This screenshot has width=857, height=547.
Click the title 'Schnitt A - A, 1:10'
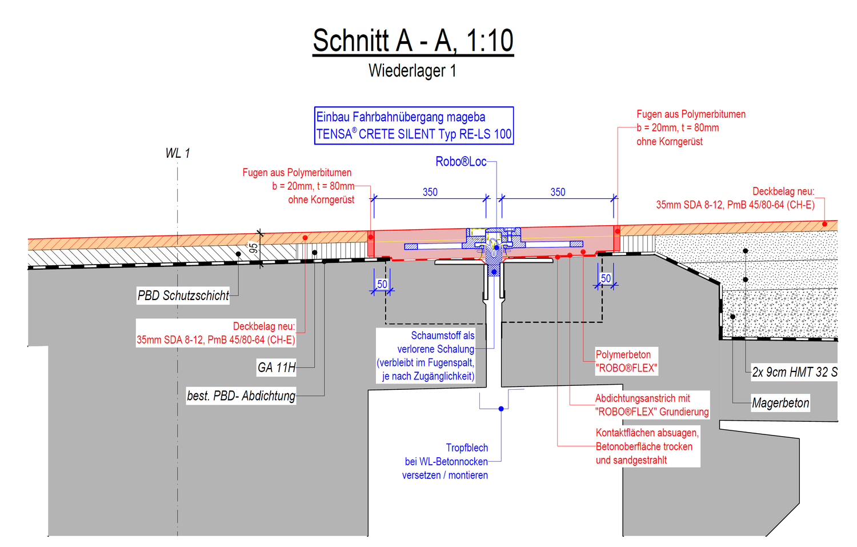[x=413, y=41]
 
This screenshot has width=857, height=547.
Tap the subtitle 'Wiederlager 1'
[x=413, y=71]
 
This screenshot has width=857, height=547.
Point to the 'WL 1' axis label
[x=178, y=154]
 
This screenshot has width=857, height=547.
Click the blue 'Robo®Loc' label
[x=461, y=162]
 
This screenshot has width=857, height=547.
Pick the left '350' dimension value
[x=430, y=192]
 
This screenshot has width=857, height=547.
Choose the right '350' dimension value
[x=558, y=192]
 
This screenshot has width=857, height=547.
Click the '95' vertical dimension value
[x=253, y=248]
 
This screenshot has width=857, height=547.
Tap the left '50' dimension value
[x=382, y=284]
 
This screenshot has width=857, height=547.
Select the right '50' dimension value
[x=606, y=278]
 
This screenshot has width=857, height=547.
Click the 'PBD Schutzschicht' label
[x=183, y=296]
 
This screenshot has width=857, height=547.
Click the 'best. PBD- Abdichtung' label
[x=241, y=396]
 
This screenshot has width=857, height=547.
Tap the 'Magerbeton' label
[x=780, y=403]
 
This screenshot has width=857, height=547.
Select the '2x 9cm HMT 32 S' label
[x=795, y=372]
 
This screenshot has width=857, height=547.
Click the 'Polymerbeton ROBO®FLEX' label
[x=626, y=361]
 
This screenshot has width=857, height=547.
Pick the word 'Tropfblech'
[x=467, y=448]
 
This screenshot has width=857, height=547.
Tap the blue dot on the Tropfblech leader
[x=501, y=409]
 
